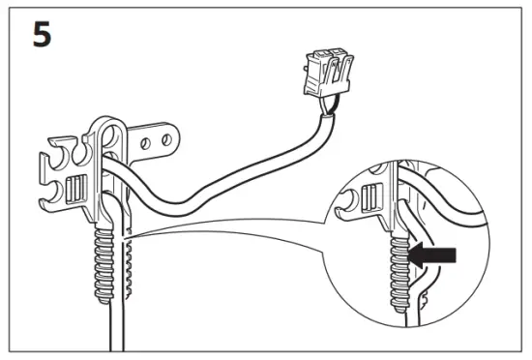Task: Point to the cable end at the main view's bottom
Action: click(x=116, y=339)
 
